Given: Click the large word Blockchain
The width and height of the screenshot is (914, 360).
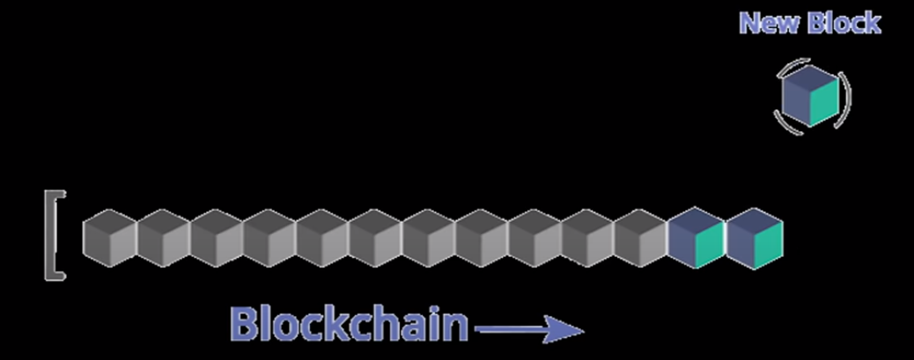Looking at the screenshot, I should pos(349,324).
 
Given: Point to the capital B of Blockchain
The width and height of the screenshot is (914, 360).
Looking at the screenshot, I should pos(246,324).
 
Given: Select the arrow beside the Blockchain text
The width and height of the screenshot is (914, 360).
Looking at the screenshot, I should pos(528,331).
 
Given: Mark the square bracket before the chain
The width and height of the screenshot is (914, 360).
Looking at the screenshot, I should pos(53,236).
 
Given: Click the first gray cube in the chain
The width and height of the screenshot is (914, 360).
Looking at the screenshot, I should pos(109,237).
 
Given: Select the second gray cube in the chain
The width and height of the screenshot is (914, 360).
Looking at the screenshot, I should pos(163,237).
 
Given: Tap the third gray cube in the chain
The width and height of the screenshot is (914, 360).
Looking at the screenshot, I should pos(216,237).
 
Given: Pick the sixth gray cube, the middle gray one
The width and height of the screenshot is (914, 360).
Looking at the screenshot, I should pos(375,237).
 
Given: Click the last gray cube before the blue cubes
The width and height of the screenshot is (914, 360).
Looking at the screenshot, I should pos(640,237).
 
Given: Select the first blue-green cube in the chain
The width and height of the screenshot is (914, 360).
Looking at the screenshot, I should pos(697,238).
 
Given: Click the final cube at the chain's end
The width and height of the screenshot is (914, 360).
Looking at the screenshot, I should pos(755,238).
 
